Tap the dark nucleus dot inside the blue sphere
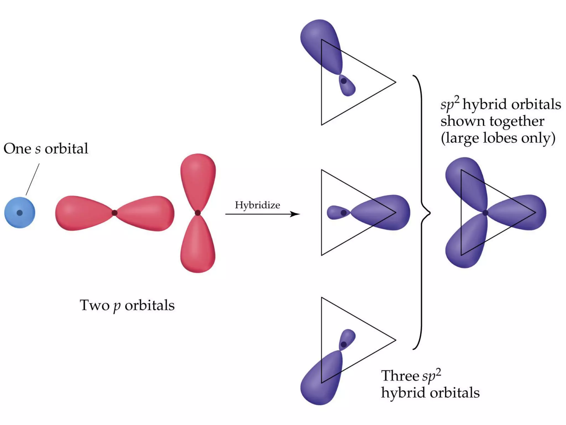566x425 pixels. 20,213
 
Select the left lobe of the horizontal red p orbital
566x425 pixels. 80,213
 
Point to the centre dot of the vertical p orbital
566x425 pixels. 198,213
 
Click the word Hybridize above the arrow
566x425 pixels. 257,205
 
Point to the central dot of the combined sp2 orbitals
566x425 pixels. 485,213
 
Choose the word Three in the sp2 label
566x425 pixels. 400,376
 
